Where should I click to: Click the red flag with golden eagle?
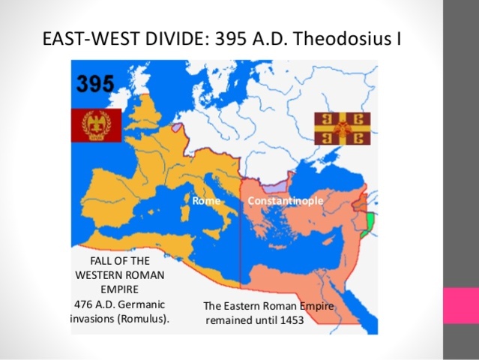coord(96,124)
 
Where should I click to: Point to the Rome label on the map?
coord(205,201)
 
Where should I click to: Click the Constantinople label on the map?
coord(286,201)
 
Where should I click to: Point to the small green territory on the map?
coord(367,224)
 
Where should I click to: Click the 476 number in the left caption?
coord(85,304)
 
